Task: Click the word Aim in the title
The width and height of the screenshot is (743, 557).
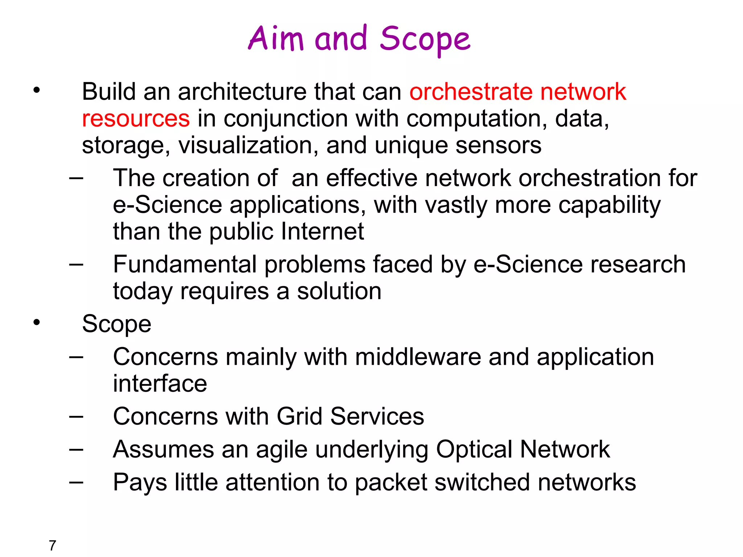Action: click(276, 38)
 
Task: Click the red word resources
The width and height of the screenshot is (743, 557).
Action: click(136, 119)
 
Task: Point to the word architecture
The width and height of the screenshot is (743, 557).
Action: click(242, 91)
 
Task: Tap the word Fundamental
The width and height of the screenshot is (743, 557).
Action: click(185, 264)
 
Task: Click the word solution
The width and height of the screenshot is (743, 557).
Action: click(339, 291)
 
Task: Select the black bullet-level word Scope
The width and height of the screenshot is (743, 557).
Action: click(116, 324)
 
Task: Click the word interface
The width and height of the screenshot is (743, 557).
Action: click(160, 384)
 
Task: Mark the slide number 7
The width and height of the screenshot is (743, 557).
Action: click(53, 545)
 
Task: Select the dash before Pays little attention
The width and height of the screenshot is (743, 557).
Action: click(76, 482)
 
